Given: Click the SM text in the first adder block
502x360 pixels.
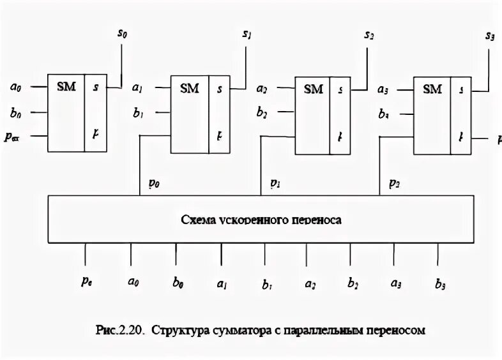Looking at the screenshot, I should click(x=66, y=86).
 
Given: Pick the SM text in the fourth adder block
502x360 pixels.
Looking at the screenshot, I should click(x=432, y=89).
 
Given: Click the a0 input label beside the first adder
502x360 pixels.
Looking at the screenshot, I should click(x=17, y=86).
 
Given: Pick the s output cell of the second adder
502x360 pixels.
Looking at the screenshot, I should click(x=220, y=89).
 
